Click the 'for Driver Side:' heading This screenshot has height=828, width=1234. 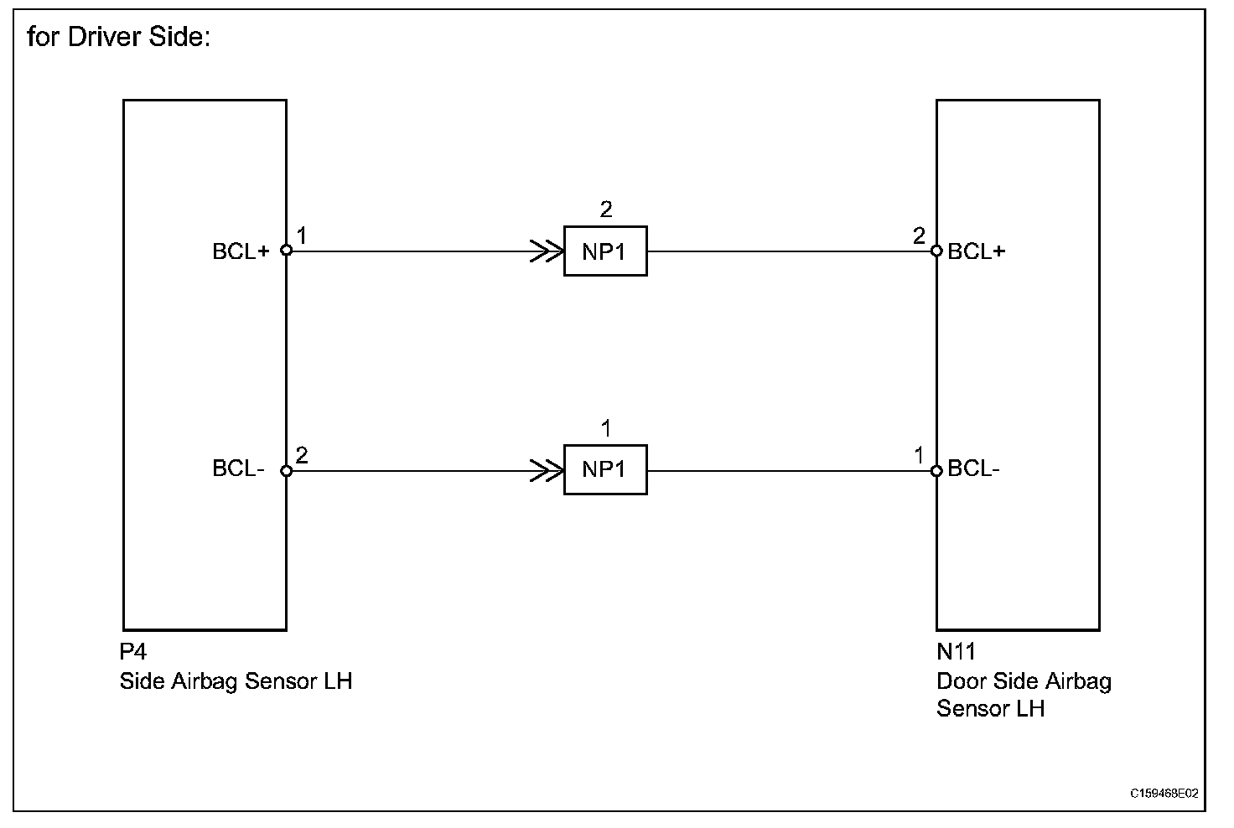coord(118,38)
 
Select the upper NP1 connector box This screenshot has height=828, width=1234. coord(604,251)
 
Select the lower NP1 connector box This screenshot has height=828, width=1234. coord(604,470)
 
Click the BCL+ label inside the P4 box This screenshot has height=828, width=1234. coord(241,251)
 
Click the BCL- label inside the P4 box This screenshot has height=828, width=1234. coord(238,468)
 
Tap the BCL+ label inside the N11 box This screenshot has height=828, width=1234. coord(976,251)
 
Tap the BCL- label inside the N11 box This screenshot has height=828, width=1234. coord(973,468)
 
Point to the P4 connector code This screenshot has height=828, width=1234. coord(133,652)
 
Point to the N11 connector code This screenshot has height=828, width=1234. coord(956,652)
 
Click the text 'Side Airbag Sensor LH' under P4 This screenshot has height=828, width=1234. coord(236,681)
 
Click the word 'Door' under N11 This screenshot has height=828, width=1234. coord(961,681)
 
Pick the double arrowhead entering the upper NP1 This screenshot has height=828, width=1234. coord(547,251)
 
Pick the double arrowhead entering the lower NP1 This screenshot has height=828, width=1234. coord(547,471)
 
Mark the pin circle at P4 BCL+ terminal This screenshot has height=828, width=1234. coord(286,250)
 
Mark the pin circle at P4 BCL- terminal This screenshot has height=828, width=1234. coord(286,471)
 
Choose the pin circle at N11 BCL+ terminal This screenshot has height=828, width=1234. coord(937,250)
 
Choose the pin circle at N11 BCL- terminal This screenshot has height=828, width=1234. coord(937,471)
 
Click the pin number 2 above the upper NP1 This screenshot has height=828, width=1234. coord(605,210)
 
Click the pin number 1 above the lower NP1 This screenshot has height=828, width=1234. coord(605,429)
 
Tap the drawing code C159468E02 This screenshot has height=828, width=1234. coord(1164,793)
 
